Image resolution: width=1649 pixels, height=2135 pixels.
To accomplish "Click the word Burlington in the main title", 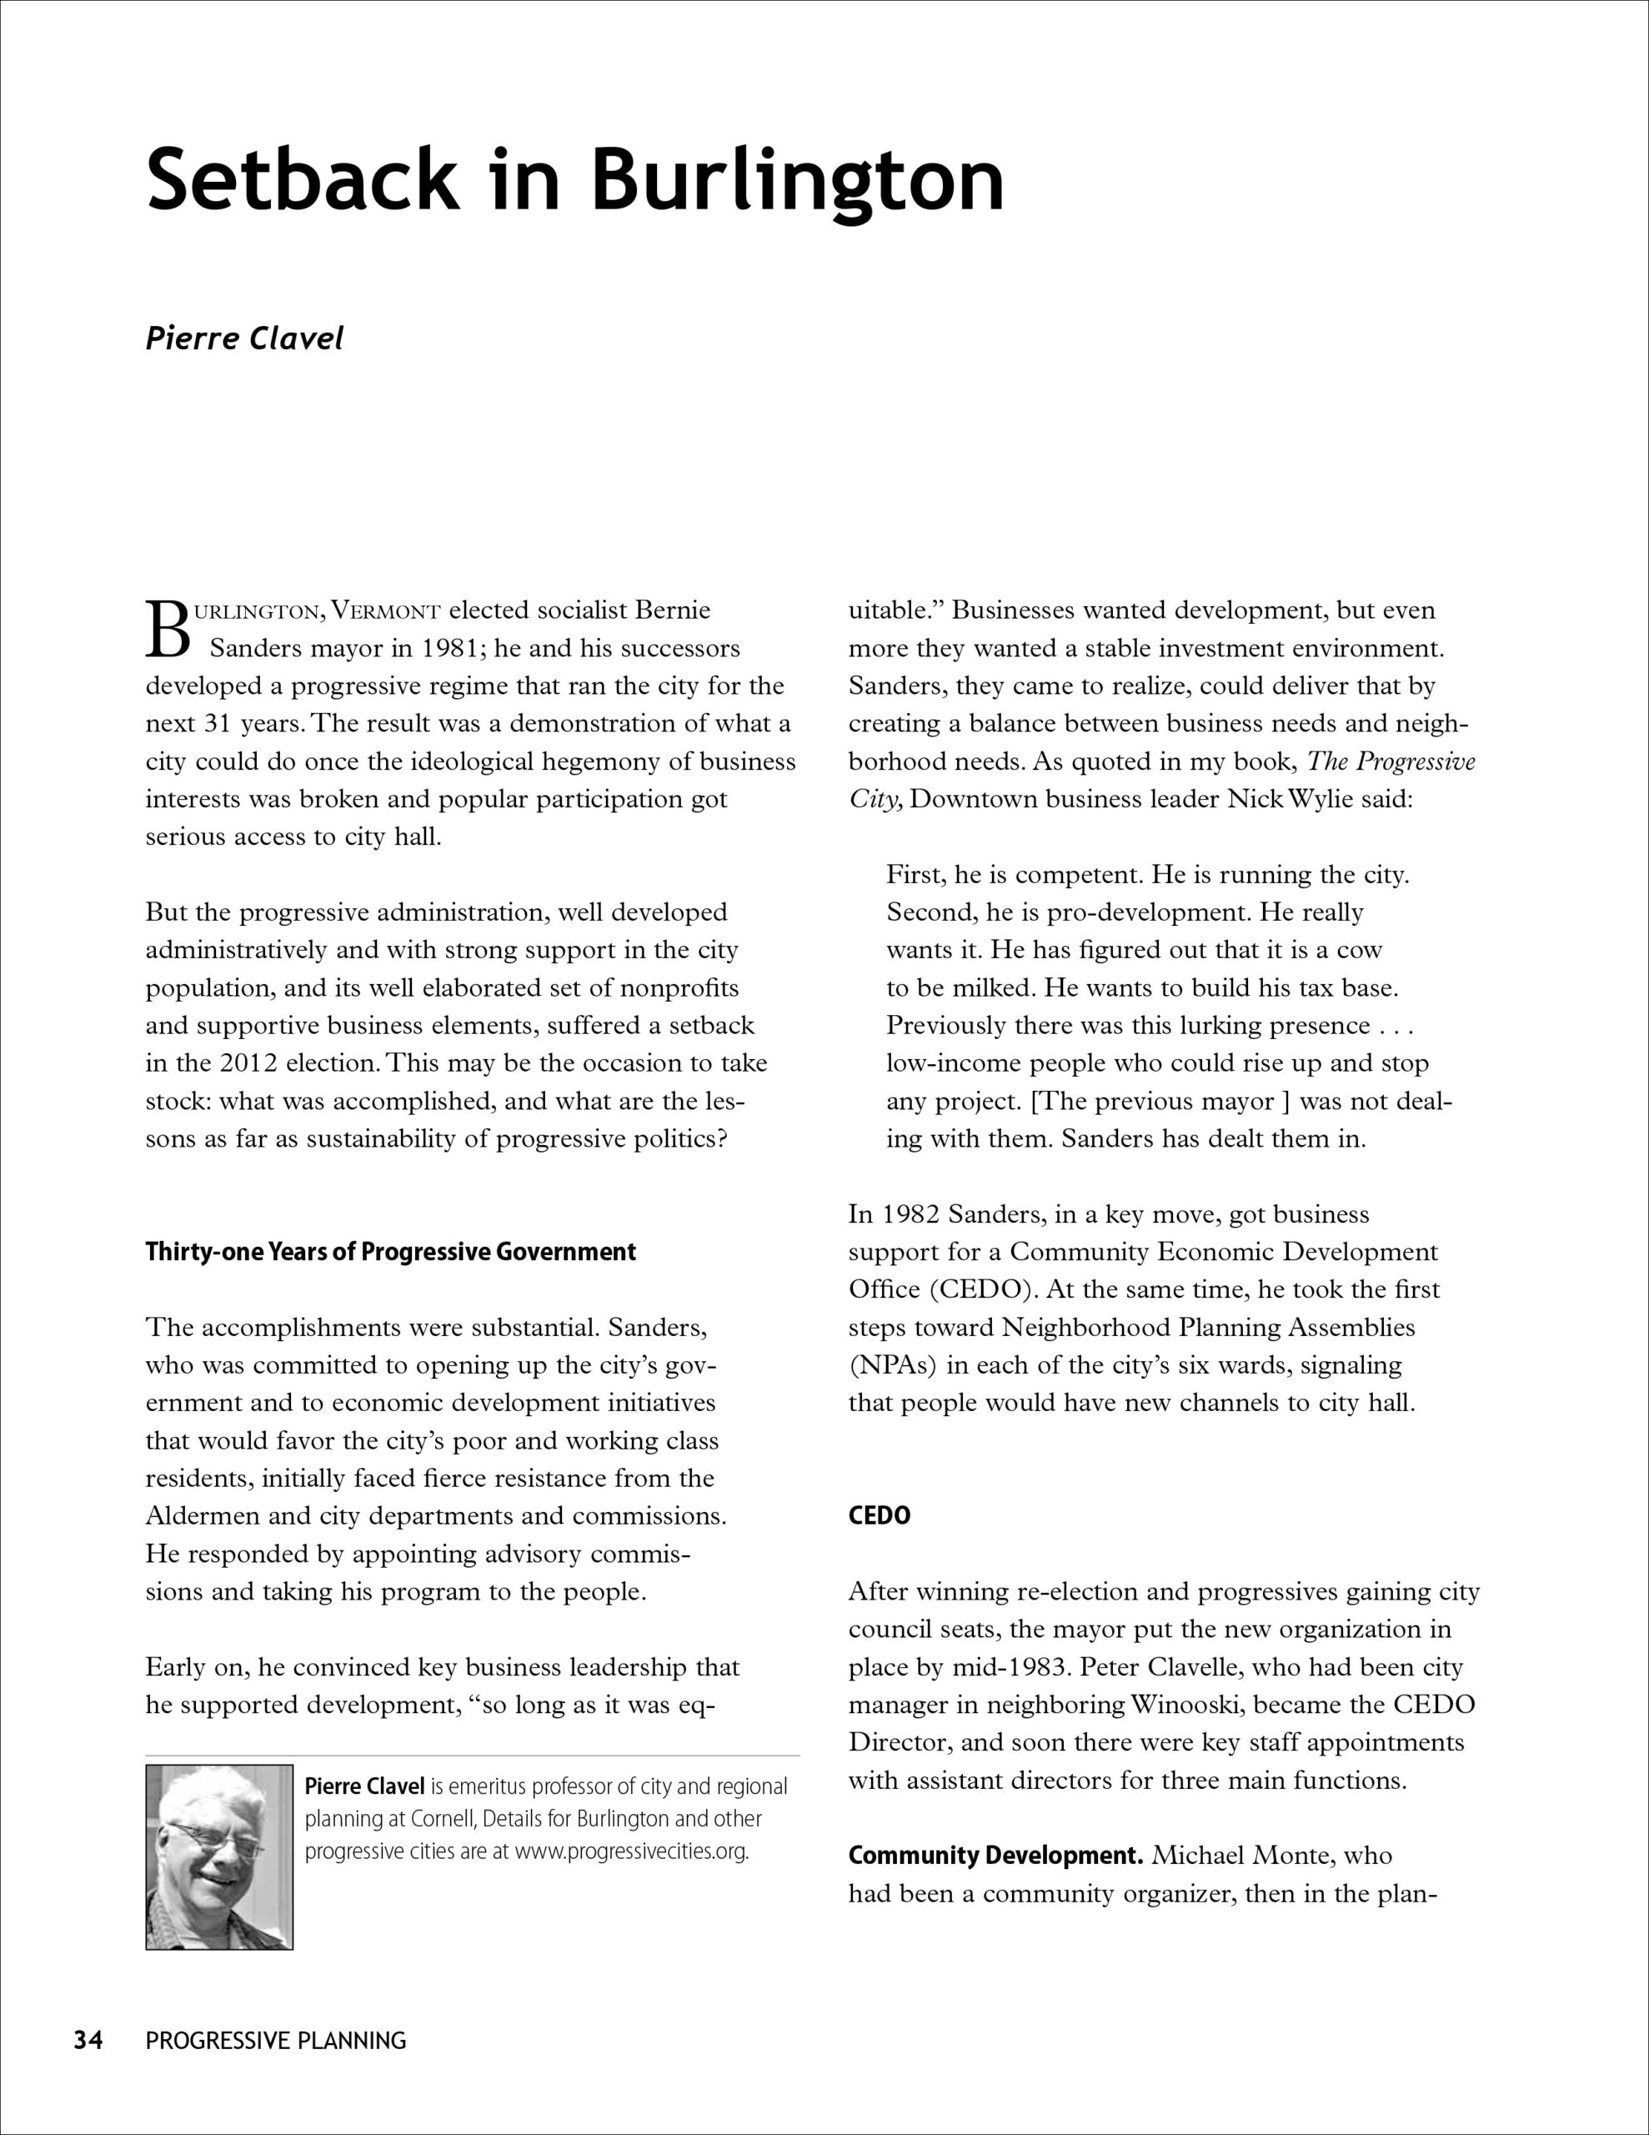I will coord(797,181).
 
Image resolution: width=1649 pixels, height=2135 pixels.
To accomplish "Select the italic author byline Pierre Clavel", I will coord(244,339).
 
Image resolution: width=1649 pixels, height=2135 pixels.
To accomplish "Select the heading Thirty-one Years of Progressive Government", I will coord(390,1253).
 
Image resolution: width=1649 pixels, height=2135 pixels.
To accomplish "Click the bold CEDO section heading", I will coord(879,1516).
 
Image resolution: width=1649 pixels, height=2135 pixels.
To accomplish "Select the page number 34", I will coord(88,2040).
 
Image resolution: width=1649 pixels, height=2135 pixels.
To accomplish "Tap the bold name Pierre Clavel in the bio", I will coord(364,1787).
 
